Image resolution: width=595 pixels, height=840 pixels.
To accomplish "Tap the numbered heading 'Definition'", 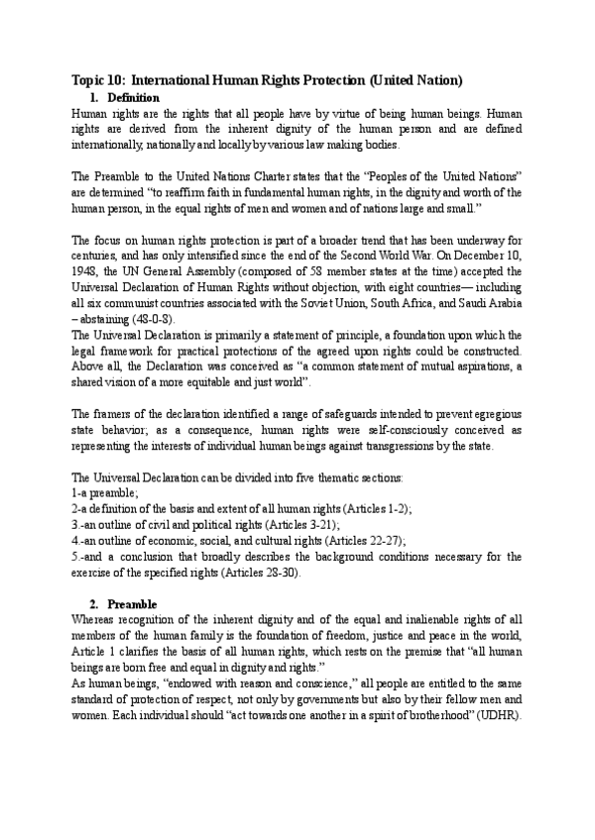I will click(133, 98).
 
